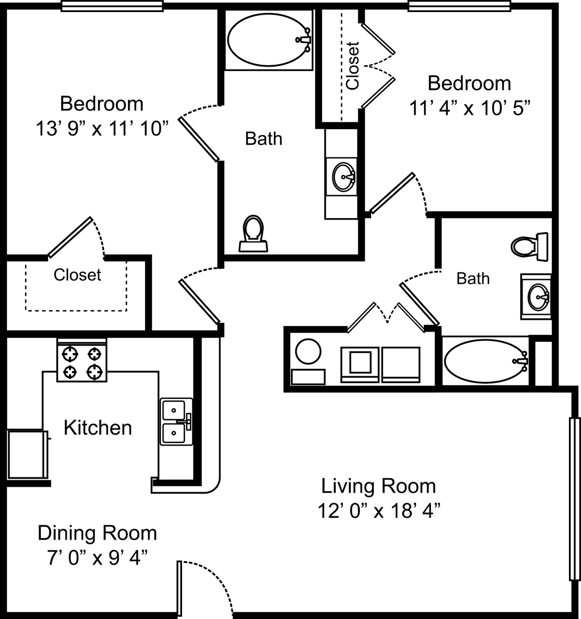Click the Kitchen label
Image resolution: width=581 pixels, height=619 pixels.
pyautogui.click(x=98, y=428)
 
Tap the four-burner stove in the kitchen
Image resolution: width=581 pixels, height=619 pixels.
pyautogui.click(x=82, y=360)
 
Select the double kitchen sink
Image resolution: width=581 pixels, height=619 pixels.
pyautogui.click(x=177, y=422)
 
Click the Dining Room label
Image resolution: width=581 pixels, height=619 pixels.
pyautogui.click(x=97, y=533)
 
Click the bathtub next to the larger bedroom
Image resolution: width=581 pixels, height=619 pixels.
pyautogui.click(x=269, y=39)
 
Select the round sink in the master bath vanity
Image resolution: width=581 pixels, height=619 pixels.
pyautogui.click(x=343, y=177)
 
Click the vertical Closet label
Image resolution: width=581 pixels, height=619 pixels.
pyautogui.click(x=353, y=66)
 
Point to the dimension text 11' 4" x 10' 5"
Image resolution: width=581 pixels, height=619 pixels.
pyautogui.click(x=469, y=108)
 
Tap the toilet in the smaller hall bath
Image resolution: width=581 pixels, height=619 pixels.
pyautogui.click(x=529, y=247)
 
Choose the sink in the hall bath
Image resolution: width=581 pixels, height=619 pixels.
pyautogui.click(x=539, y=297)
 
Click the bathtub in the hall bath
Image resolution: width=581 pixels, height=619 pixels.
pyautogui.click(x=486, y=361)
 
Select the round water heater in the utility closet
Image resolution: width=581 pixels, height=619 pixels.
pyautogui.click(x=308, y=351)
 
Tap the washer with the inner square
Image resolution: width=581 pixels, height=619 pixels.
pyautogui.click(x=360, y=364)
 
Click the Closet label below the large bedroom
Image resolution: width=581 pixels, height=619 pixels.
pyautogui.click(x=77, y=275)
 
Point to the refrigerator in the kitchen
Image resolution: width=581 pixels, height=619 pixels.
pyautogui.click(x=28, y=455)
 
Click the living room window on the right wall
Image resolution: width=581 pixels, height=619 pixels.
pyautogui.click(x=575, y=499)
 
